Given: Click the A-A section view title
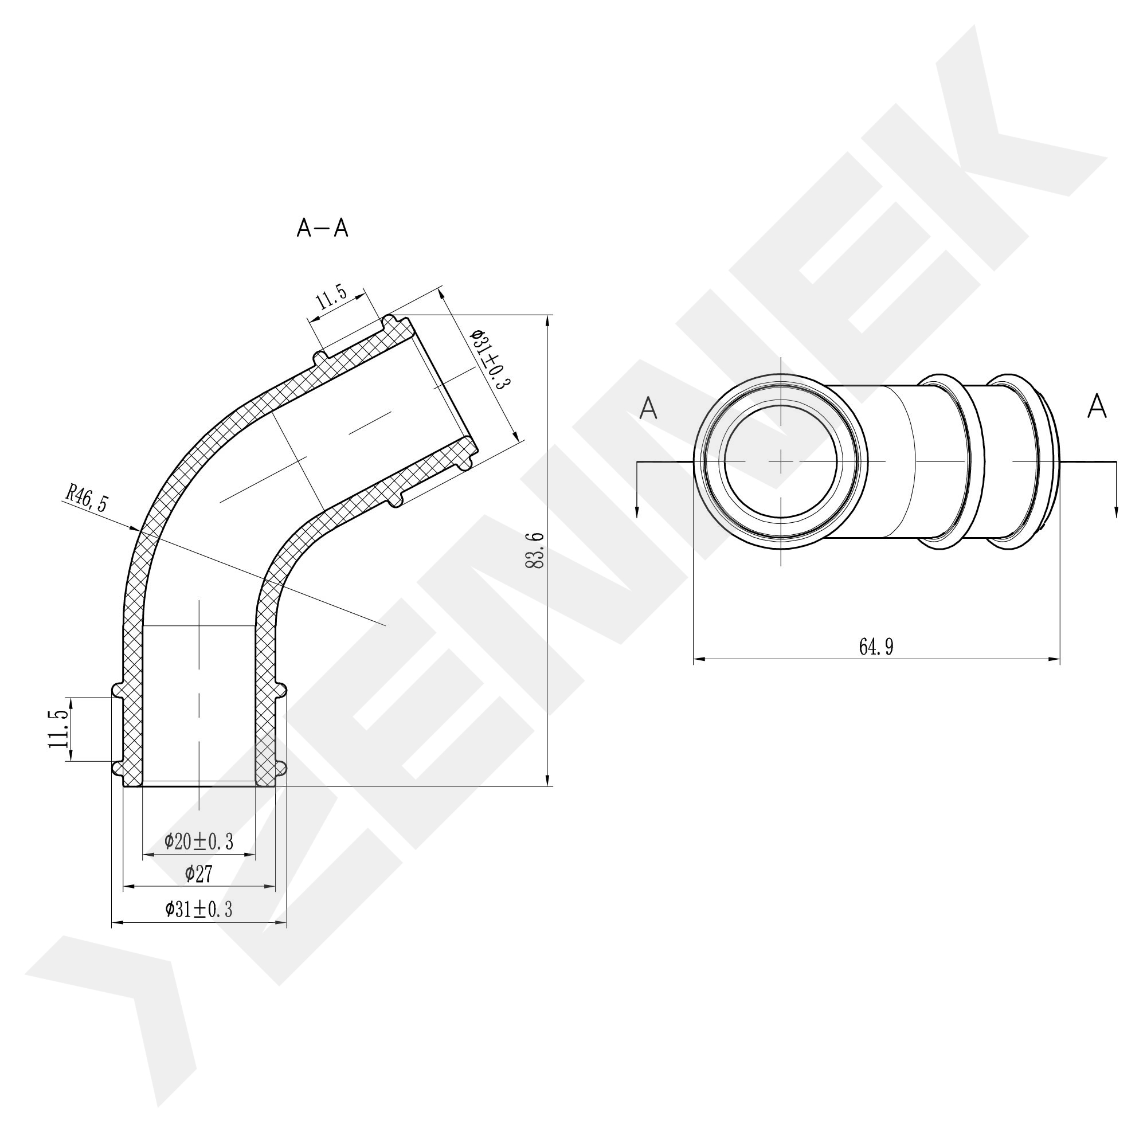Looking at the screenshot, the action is (x=322, y=228).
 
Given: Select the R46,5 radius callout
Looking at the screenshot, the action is (x=87, y=498).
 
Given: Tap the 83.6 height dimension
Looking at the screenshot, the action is (x=535, y=550).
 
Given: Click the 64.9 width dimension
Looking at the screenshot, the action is (x=876, y=647).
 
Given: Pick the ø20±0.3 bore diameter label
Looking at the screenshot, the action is (x=199, y=841).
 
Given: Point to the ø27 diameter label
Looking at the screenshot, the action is (x=199, y=874).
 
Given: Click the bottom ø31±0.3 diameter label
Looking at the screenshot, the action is (x=199, y=909).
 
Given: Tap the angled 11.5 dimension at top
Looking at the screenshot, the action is (x=331, y=297).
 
